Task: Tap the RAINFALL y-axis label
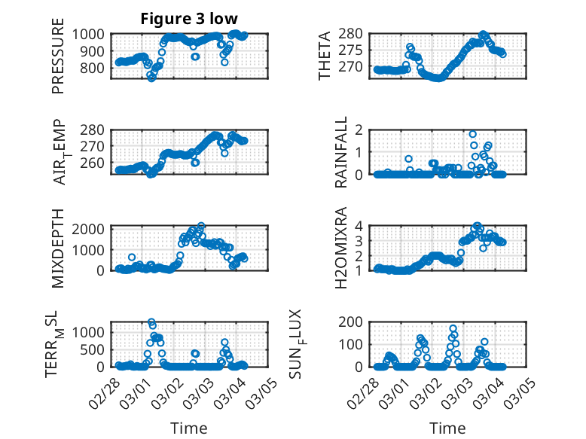click(341, 152)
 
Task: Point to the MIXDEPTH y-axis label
click(58, 248)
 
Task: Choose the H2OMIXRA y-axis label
click(341, 248)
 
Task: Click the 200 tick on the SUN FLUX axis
click(357, 322)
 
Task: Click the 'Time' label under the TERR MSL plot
click(189, 428)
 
